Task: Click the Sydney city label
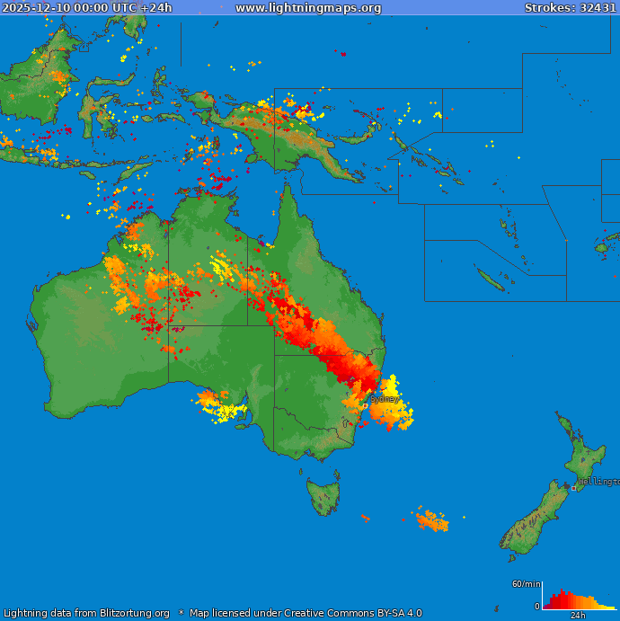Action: (x=385, y=398)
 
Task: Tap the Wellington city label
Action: (x=598, y=482)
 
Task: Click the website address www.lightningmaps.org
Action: (x=308, y=8)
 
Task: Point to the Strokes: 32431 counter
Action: (x=571, y=8)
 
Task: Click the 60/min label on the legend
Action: (x=526, y=584)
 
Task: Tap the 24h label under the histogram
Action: (x=578, y=616)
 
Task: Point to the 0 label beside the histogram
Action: (x=537, y=607)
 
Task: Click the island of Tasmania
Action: (x=323, y=496)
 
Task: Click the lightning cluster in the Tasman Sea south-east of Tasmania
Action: (x=432, y=519)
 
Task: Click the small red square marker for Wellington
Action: (x=573, y=488)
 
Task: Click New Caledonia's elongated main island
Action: (x=490, y=279)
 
